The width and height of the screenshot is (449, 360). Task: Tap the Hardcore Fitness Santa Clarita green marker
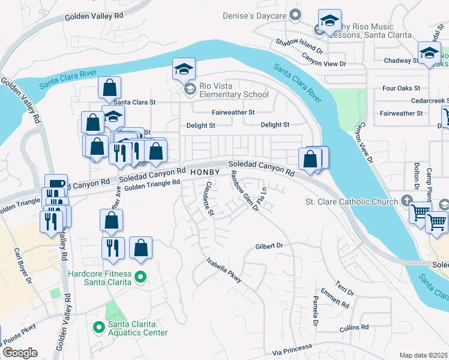tap(140, 277)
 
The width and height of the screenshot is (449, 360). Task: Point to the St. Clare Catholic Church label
tap(352, 202)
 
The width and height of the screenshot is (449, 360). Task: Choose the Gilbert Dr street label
tap(269, 246)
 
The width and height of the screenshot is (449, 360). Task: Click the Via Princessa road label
tap(292, 349)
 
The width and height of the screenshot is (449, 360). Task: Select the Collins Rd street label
tap(354, 328)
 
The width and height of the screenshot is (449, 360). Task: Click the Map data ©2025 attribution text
tap(424, 355)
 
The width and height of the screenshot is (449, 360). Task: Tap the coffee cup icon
tap(57, 184)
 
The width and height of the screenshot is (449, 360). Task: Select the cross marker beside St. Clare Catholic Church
tap(407, 201)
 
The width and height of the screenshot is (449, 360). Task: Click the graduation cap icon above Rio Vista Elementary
tap(184, 69)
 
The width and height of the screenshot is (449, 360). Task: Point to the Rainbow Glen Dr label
tap(245, 191)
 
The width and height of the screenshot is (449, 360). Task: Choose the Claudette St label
tap(208, 199)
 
